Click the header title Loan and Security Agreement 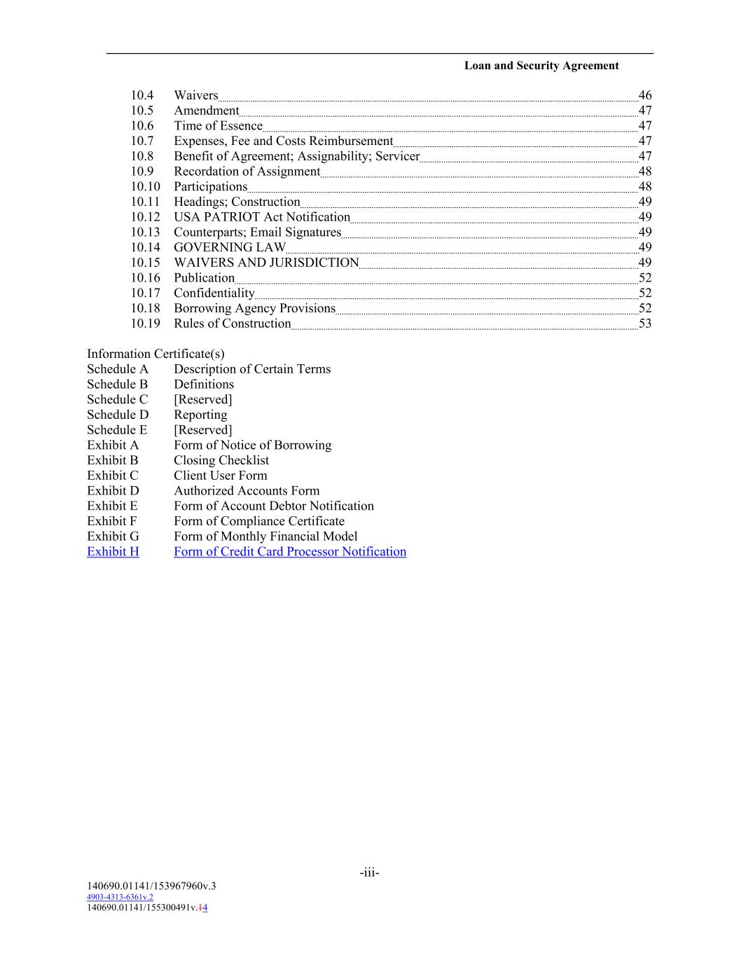[541, 66]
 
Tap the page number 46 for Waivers [644, 95]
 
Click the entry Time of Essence [218, 126]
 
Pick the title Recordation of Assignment [247, 172]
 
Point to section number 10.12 [145, 217]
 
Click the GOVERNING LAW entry [230, 247]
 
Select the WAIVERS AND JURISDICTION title [266, 263]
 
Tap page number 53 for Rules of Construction [644, 324]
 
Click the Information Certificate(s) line [156, 354]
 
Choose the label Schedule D [118, 415]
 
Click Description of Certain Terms [252, 369]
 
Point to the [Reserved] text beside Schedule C [202, 399]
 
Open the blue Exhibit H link [113, 552]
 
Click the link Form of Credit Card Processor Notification [290, 552]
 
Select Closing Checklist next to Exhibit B [221, 460]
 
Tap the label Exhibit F [111, 521]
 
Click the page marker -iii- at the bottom [369, 873]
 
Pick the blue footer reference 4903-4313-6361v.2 [120, 897]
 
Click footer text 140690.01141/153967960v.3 [151, 886]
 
